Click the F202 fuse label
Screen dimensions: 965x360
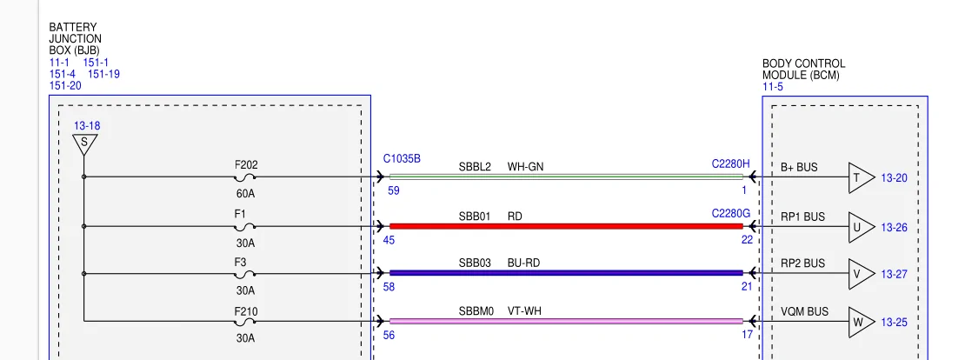click(246, 165)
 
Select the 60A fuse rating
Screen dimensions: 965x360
click(245, 194)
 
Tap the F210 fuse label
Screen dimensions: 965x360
click(246, 312)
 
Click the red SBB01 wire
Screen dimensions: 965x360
click(566, 226)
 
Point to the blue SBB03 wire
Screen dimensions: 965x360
click(566, 273)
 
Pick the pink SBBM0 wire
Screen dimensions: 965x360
click(566, 321)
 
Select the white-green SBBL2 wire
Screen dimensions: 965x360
click(566, 177)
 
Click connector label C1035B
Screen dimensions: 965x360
click(402, 159)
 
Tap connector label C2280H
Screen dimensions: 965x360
click(731, 163)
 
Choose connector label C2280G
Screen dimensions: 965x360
click(731, 214)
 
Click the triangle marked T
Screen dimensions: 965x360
click(861, 178)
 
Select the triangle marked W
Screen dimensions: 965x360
click(861, 322)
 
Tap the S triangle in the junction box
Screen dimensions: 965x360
click(84, 144)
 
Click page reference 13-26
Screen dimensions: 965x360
click(895, 228)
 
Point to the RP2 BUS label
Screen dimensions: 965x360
click(802, 263)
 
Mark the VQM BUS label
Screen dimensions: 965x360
click(804, 311)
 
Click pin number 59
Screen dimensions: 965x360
click(394, 190)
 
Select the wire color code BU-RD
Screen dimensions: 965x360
click(523, 263)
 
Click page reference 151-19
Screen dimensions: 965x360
click(104, 75)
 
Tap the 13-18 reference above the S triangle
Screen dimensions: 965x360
click(87, 126)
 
